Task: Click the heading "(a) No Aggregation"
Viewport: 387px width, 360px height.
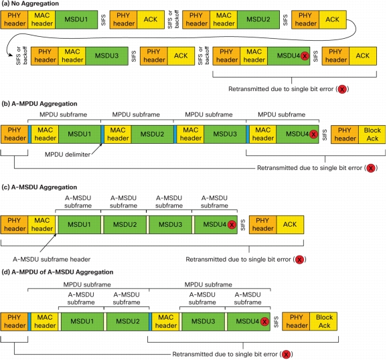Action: click(x=30, y=4)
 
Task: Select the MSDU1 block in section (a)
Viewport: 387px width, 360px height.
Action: click(x=76, y=19)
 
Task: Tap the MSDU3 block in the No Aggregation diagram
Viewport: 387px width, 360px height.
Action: click(x=106, y=56)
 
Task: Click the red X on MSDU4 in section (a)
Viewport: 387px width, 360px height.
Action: click(x=305, y=56)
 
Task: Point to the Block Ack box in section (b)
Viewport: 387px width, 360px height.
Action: click(x=372, y=134)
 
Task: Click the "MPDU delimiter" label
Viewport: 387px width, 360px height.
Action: click(x=68, y=155)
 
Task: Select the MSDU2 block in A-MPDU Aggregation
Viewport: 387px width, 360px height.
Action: click(x=152, y=134)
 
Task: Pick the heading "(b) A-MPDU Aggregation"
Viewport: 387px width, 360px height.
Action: click(x=40, y=104)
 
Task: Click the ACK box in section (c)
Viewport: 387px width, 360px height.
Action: click(x=290, y=225)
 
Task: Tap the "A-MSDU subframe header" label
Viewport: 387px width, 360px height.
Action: click(x=52, y=260)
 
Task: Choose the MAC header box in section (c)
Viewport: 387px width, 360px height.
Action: click(x=42, y=225)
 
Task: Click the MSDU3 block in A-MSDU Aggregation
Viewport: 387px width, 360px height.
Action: click(x=170, y=225)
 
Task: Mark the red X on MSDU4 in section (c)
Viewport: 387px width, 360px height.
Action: click(x=232, y=225)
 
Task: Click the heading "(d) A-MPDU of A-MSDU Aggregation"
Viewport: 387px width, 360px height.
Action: click(x=58, y=272)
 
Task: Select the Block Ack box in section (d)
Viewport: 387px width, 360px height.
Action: click(x=323, y=321)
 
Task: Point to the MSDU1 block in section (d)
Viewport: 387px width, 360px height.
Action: click(x=82, y=321)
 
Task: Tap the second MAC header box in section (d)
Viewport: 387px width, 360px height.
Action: click(x=165, y=321)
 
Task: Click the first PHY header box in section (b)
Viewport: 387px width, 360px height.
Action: click(x=14, y=134)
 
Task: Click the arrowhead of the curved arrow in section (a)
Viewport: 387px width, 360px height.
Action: click(x=11, y=55)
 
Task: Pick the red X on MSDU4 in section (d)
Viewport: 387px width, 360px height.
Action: click(x=264, y=321)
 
